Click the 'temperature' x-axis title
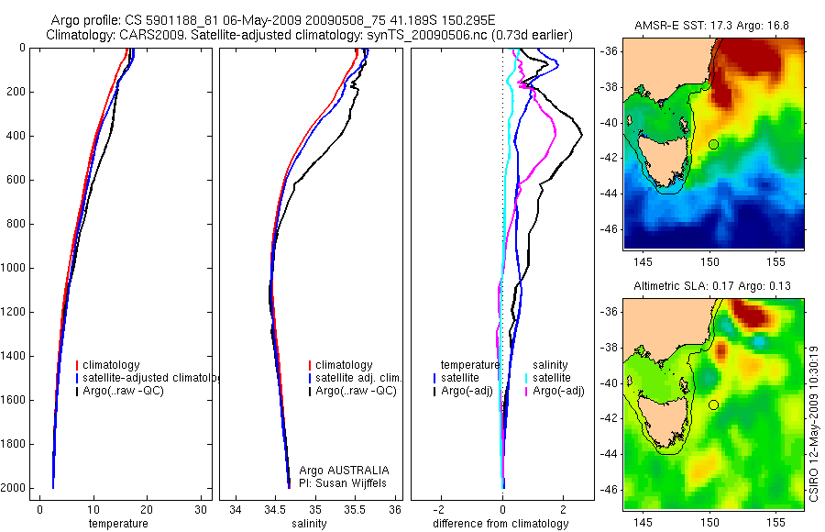coord(117,524)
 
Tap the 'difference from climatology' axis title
coord(502,524)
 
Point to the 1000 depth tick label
coord(15,269)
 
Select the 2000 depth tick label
coord(15,488)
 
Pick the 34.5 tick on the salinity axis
coord(275,510)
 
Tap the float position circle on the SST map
coord(713,144)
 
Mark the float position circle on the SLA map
coord(713,405)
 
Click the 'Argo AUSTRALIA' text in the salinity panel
coord(337,470)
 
